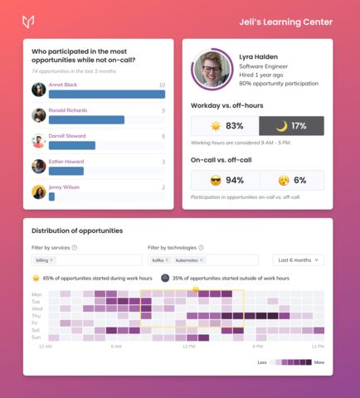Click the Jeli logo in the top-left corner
29,21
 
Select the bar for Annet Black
107,94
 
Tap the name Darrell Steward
69,136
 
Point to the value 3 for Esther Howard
163,162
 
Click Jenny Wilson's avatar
38,192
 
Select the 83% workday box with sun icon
225,126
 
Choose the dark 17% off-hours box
291,126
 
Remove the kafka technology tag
168,260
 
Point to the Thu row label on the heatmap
36,316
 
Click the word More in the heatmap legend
319,362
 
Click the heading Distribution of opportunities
77,231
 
